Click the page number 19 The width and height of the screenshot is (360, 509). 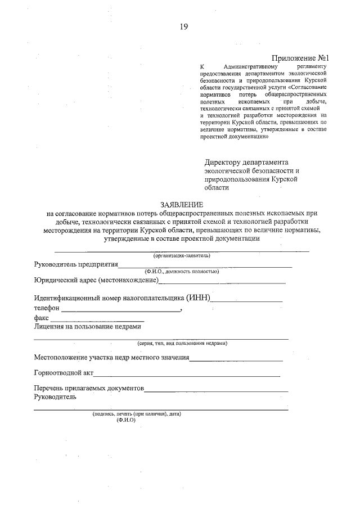pos(183,26)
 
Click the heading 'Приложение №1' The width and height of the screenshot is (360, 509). pos(299,58)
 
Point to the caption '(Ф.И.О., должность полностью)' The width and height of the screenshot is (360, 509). pos(181,271)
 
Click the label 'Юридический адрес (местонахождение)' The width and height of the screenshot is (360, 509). pos(96,280)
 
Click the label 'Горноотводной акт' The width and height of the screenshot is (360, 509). pos(63,372)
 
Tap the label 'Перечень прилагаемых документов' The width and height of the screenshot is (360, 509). pos(89,388)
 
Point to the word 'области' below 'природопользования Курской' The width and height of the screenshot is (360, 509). pos(217,188)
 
